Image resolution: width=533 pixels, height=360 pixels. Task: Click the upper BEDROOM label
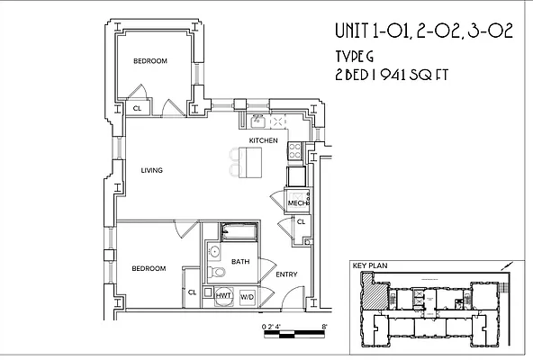[150, 61]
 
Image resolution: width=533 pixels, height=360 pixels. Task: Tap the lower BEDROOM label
[148, 268]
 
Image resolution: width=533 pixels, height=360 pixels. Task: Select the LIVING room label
[151, 169]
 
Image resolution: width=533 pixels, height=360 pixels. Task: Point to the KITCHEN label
[263, 141]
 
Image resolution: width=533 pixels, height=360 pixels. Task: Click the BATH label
[240, 262]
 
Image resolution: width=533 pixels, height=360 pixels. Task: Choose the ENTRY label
[286, 274]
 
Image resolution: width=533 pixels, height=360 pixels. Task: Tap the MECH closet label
[297, 203]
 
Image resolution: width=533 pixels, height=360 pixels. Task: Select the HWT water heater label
[222, 295]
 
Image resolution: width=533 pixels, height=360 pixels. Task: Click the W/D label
[246, 295]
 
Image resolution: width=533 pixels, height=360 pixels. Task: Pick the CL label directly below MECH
[301, 221]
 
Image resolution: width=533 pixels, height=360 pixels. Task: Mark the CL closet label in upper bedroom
[138, 109]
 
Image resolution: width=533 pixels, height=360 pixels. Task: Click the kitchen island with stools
[250, 163]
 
